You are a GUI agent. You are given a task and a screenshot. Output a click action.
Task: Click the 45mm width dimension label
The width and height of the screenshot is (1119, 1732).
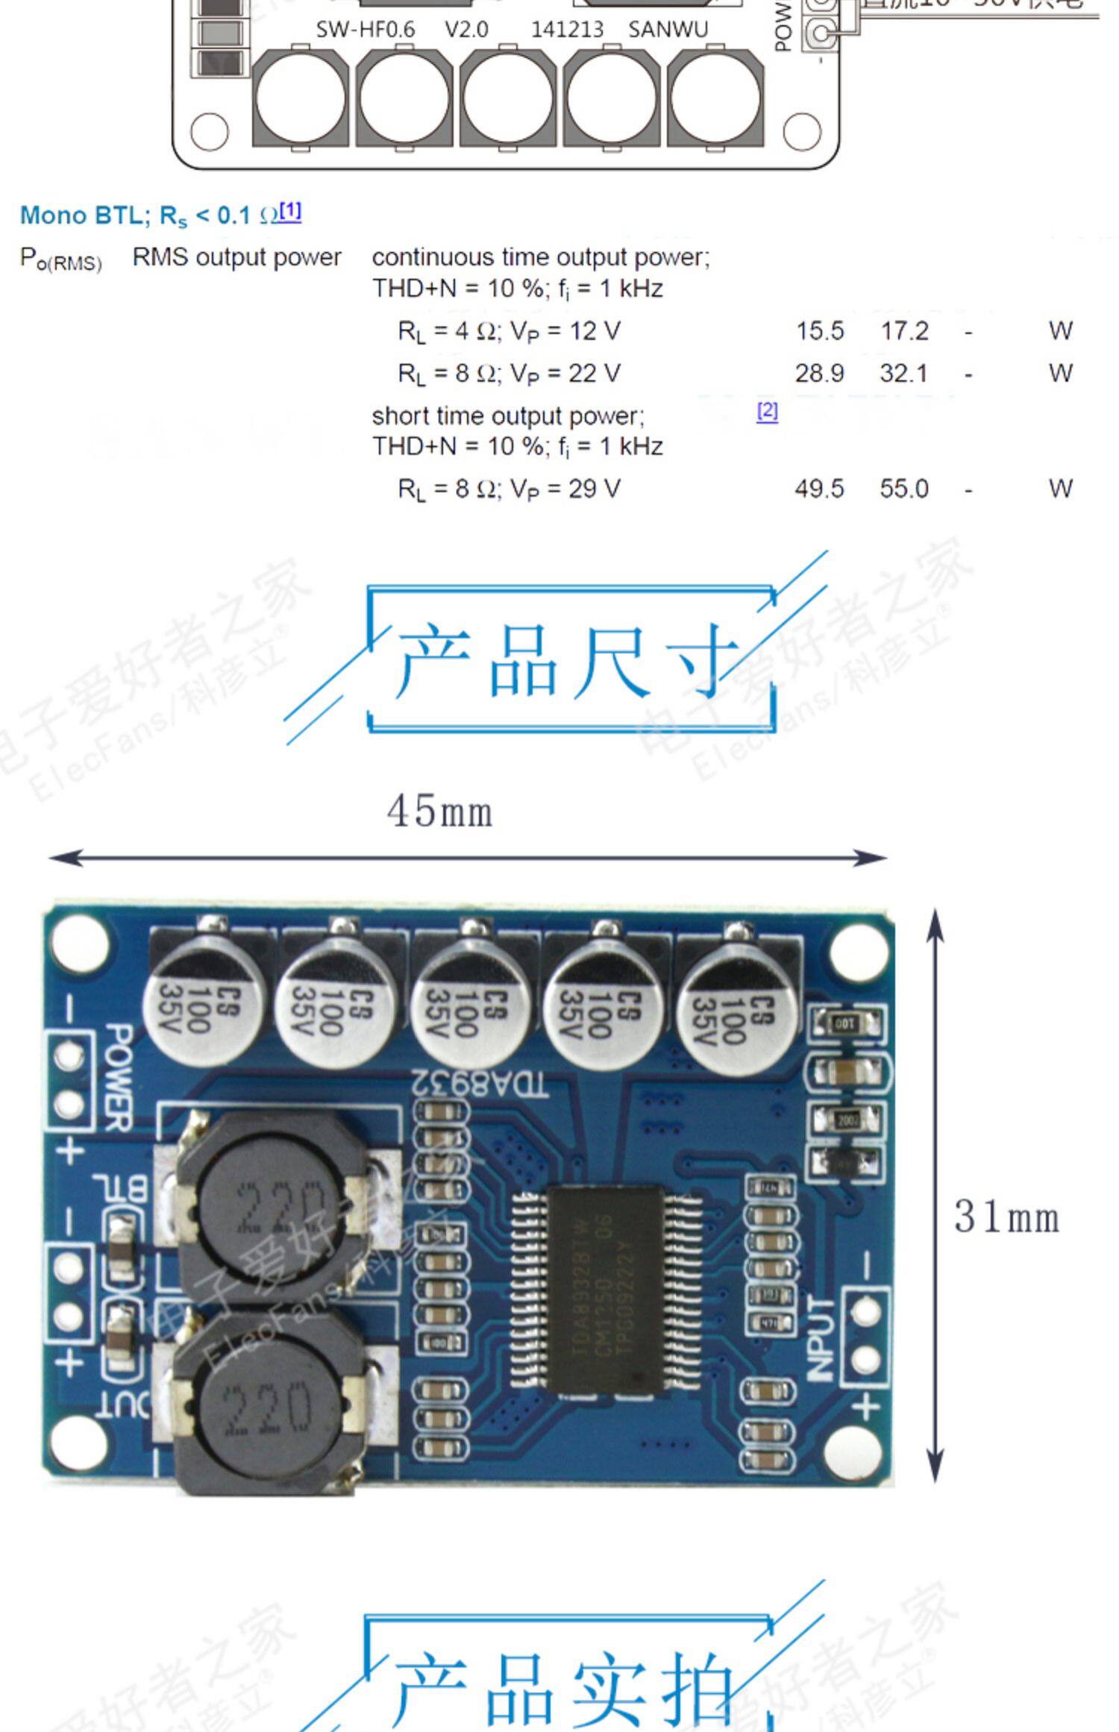click(x=439, y=812)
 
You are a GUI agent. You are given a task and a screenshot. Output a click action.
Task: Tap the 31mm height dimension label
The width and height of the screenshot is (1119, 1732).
click(x=1006, y=1217)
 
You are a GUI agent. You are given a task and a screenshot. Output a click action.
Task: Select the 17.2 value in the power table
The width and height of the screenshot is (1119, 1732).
click(x=904, y=330)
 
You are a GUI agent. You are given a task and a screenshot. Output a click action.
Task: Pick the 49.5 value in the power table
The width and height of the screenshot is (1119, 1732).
click(x=819, y=489)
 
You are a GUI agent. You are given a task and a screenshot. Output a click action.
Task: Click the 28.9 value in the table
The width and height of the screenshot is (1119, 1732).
click(x=819, y=373)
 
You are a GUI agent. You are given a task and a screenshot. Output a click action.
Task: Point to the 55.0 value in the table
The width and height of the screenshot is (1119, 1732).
click(x=904, y=489)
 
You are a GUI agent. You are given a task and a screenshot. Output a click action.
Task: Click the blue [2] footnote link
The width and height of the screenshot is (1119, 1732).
click(x=767, y=411)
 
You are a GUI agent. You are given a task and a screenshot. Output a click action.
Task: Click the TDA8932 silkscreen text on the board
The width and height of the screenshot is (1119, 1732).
click(x=480, y=1084)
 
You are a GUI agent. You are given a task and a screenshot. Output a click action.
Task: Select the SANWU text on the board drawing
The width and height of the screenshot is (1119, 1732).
click(x=668, y=30)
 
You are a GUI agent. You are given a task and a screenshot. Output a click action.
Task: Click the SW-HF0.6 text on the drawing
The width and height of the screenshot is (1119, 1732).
click(x=365, y=30)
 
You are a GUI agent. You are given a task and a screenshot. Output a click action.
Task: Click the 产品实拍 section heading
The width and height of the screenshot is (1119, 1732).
click(x=563, y=1689)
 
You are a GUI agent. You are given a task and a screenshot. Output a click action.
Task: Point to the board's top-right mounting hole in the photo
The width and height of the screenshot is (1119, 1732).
click(x=858, y=949)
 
